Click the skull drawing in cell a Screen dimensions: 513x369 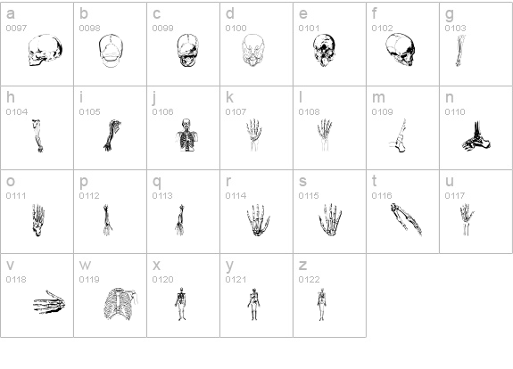point(46,50)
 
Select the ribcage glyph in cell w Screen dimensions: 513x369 point(120,304)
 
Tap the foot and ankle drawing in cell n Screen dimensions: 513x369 point(476,136)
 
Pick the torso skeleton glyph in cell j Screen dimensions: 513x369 point(186,135)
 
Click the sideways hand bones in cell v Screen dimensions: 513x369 point(49,302)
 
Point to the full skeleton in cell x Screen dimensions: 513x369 point(180,304)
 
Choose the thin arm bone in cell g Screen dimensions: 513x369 point(460,51)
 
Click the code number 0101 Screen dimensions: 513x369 point(309,29)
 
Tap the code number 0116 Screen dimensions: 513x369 point(382,196)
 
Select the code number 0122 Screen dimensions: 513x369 point(309,280)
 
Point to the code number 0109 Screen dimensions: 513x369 point(382,112)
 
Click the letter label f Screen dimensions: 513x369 point(375,13)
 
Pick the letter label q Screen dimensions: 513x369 point(157,182)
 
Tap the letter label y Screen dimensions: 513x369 point(229,266)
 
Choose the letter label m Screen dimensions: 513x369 point(378,98)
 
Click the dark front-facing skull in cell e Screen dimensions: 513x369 point(324,50)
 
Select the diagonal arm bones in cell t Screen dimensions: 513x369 point(406,219)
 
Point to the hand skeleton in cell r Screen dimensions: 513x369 point(258,220)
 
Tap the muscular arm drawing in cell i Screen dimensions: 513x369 point(112,135)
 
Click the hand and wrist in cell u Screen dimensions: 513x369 point(467,219)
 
